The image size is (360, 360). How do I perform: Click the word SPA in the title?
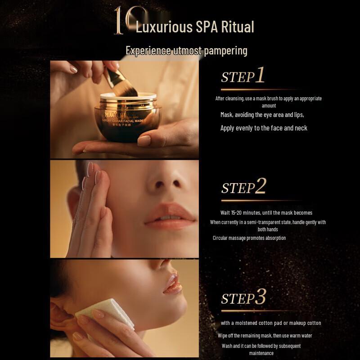207,27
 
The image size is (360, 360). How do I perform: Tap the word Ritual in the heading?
237,27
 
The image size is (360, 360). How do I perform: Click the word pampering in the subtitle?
225,50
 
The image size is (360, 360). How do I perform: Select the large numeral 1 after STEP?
260,76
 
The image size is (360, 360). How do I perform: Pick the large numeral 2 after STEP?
260,186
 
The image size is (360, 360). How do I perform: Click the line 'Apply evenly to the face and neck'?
264,128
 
